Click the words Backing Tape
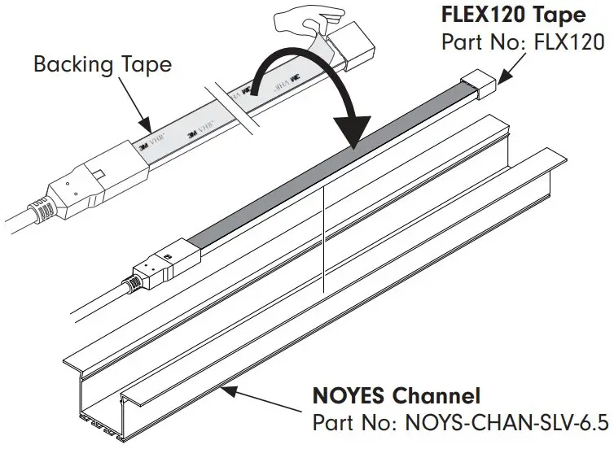tap(102, 63)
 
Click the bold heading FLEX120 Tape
tap(514, 15)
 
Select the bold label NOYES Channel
tap(397, 397)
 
